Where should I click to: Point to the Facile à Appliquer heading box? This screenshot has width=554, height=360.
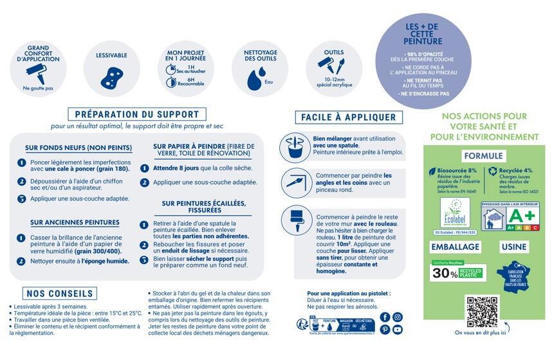pyautogui.click(x=348, y=117)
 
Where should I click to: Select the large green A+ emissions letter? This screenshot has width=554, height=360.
pyautogui.click(x=523, y=214)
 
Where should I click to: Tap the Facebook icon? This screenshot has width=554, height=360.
pyautogui.click(x=385, y=317)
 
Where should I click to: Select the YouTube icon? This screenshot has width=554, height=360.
pyautogui.click(x=398, y=330)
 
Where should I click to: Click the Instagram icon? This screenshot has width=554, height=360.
pyautogui.click(x=398, y=317)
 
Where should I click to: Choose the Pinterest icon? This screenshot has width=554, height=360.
pyautogui.click(x=385, y=330)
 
